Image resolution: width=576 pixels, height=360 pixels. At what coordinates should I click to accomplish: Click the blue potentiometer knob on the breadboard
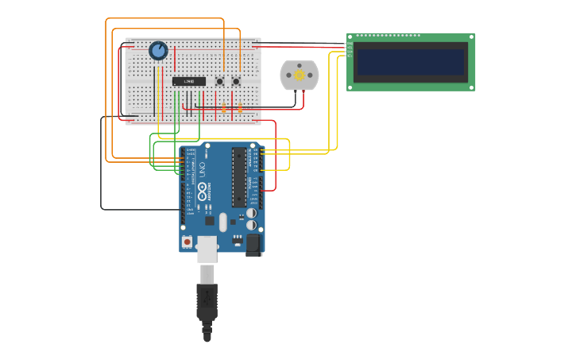point(158,51)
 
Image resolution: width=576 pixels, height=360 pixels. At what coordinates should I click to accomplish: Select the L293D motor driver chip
point(189,81)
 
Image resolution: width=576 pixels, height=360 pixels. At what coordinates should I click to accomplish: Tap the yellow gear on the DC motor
point(300,75)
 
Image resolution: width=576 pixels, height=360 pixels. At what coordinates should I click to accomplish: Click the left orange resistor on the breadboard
point(224,107)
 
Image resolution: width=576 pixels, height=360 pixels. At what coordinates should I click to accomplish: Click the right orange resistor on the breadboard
point(240,107)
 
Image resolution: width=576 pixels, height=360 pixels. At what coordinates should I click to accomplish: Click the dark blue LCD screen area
point(411,62)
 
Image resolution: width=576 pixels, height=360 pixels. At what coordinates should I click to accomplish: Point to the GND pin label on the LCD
point(350,44)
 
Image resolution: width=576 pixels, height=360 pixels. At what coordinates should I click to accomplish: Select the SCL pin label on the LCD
point(350,56)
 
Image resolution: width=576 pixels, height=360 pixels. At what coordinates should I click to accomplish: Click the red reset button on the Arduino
point(187,242)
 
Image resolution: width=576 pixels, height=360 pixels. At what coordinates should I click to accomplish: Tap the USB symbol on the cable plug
point(207,298)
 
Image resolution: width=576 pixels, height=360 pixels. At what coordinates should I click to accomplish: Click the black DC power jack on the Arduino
point(253,244)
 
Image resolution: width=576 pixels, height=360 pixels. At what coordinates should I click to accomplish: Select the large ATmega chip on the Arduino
point(239,176)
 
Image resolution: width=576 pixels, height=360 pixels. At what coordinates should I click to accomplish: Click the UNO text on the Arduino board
point(202,169)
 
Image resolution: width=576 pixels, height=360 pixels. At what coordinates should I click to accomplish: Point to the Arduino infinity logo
point(202,192)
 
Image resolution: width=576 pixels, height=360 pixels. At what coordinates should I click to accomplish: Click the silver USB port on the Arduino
point(207,248)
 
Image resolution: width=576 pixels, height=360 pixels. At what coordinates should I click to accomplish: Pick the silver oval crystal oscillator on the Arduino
point(223,222)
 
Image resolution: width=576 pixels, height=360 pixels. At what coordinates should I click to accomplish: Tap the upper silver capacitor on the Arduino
point(251,213)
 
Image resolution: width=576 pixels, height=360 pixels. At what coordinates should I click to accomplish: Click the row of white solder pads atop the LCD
point(388,35)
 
